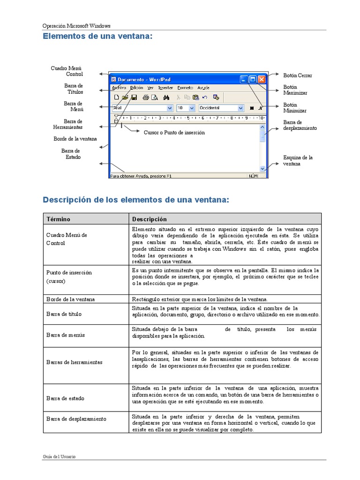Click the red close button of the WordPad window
262,80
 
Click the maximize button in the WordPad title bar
253,80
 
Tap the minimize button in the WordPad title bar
244,80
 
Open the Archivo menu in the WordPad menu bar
119,88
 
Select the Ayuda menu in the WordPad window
203,88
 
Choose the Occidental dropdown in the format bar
221,108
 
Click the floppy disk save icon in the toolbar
134,97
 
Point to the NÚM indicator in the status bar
253,176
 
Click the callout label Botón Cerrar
298,75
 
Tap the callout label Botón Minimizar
295,108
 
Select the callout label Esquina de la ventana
298,161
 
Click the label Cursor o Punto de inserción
174,133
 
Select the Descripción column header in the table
149,219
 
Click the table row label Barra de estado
65,398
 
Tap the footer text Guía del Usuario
59,457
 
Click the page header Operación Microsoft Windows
76,26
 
